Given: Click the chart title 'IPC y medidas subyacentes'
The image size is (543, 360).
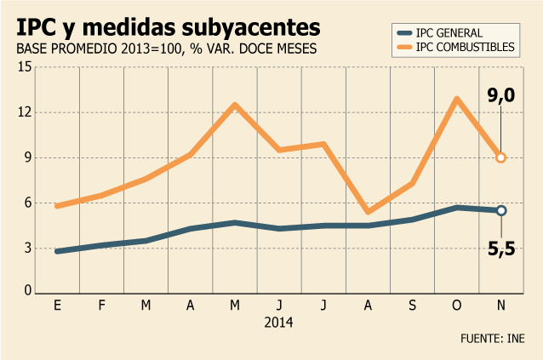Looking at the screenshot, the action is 169,28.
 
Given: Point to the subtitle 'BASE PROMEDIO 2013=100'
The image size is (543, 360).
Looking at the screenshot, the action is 99,49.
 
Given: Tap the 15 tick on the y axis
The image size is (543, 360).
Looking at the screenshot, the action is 25,67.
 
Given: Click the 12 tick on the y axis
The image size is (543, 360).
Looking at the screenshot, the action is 25,112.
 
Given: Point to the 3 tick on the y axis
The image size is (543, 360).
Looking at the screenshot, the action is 28,249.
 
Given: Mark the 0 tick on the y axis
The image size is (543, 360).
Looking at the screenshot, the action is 28,290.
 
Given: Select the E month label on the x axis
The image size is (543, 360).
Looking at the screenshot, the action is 58,305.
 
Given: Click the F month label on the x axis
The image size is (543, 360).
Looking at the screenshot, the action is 101,305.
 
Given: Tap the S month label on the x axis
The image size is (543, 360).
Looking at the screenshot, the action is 412,305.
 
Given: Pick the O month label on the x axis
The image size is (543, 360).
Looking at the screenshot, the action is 457,305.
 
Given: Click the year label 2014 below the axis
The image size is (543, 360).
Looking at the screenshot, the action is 278,323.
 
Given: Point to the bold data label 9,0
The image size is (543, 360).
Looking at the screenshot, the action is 501,95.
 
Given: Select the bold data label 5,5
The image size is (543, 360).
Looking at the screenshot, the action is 501,249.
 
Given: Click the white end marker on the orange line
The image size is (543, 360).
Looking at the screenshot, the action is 501,157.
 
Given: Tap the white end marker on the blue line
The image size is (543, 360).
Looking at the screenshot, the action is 501,210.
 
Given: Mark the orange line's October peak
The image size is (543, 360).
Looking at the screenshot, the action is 457,100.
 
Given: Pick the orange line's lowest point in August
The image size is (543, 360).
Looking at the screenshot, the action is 368,212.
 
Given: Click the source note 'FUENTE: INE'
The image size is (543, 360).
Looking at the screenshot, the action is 493,338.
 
